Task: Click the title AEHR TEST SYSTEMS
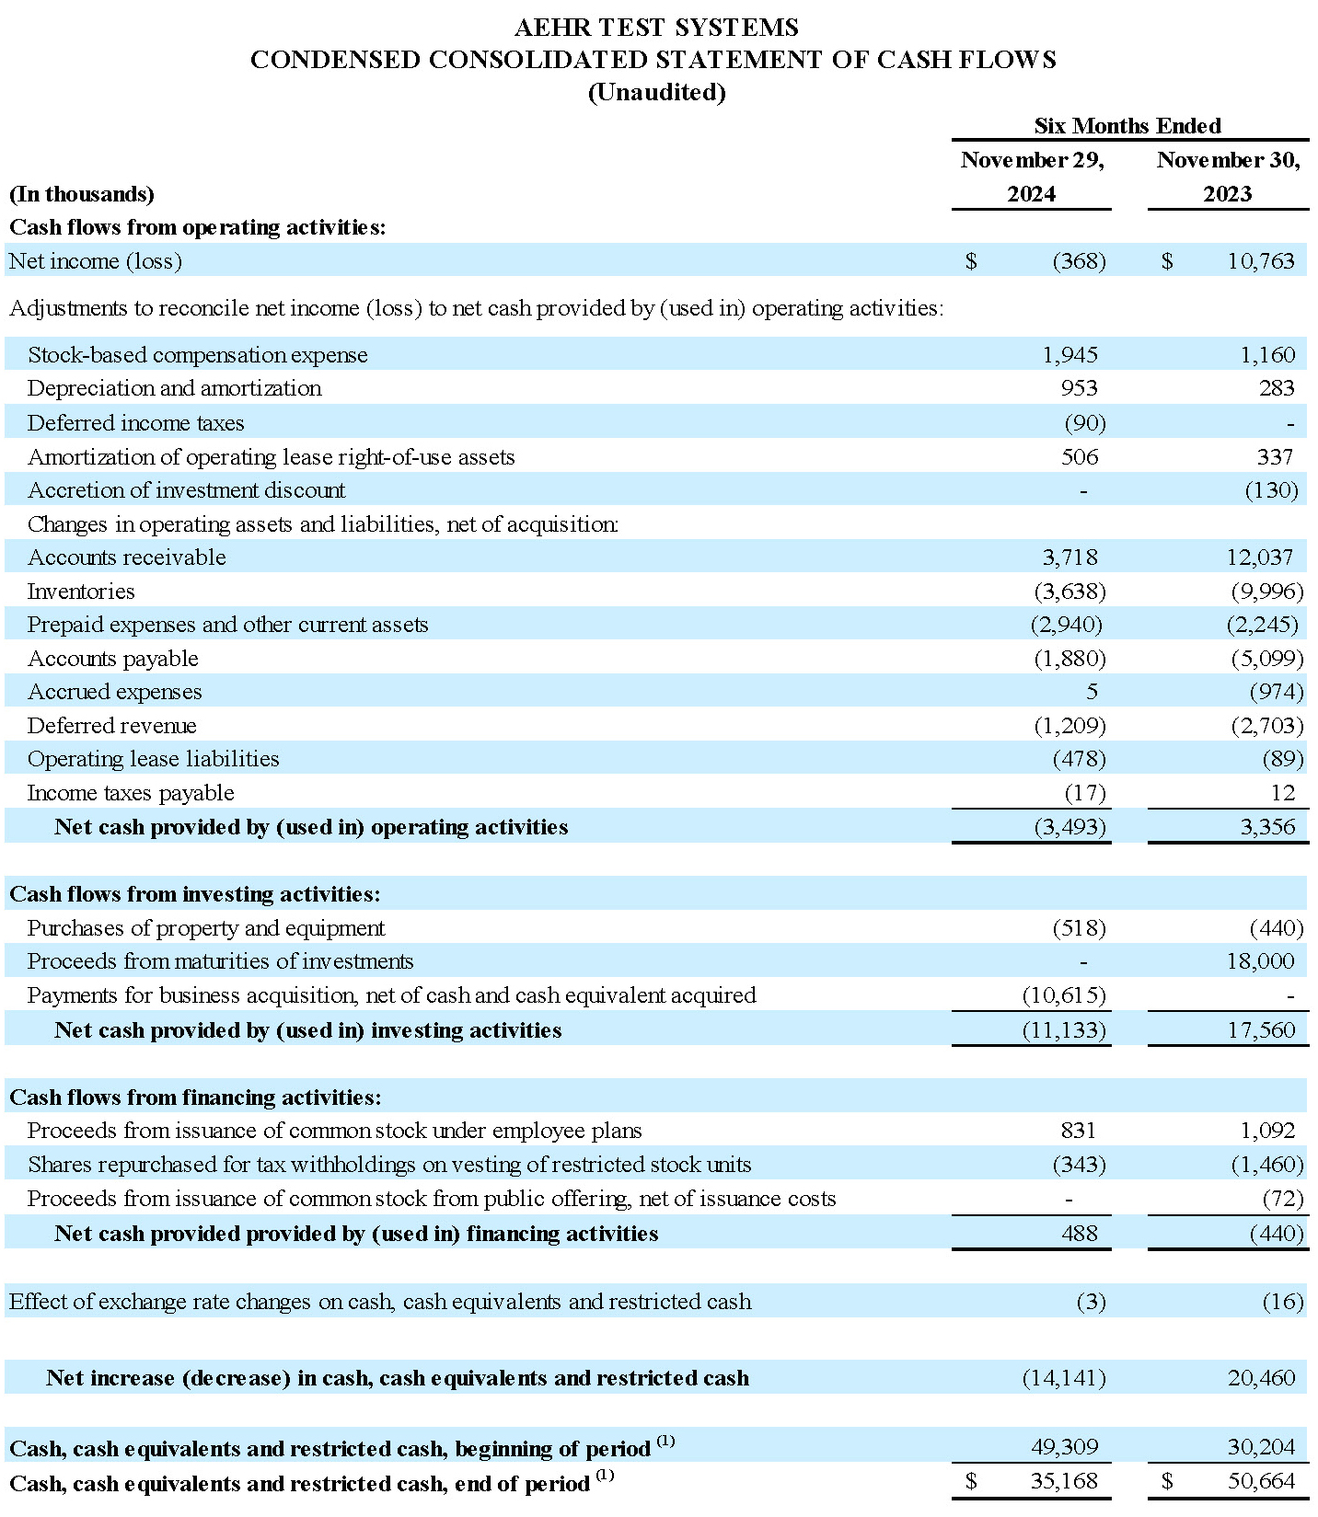[x=656, y=28]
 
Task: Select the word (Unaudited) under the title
[x=656, y=92]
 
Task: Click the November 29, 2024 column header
[x=1032, y=177]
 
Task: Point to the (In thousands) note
[x=82, y=194]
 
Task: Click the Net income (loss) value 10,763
[x=1260, y=261]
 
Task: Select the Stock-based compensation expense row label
[x=197, y=355]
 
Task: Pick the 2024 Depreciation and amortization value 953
[x=1079, y=388]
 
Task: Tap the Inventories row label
[x=81, y=591]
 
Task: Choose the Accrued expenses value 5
[x=1092, y=692]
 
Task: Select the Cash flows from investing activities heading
[x=194, y=894]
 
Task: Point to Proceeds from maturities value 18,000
[x=1260, y=961]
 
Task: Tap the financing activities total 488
[x=1079, y=1233]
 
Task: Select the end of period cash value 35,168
[x=1064, y=1482]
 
